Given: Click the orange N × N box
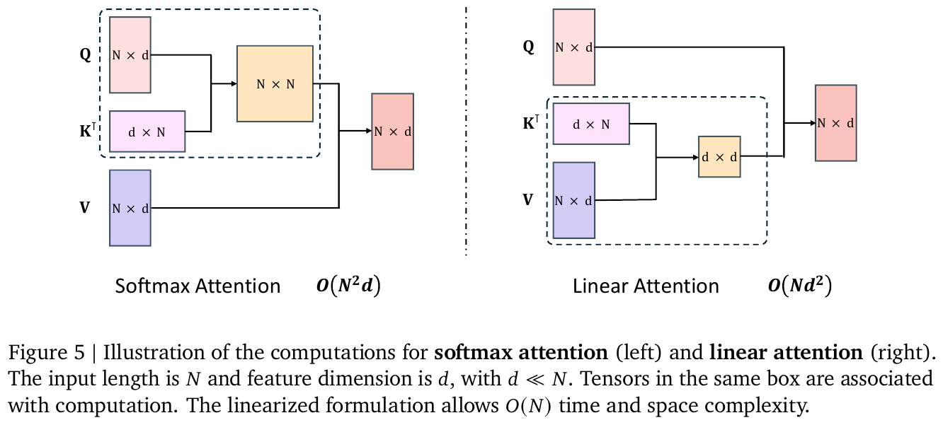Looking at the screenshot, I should (275, 83).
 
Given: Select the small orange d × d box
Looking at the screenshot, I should (719, 156).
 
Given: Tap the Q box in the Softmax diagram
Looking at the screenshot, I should (130, 54).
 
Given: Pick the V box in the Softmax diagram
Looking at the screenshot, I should (130, 208).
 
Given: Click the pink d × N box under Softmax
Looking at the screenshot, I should (147, 132).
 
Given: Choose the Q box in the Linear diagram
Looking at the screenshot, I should (574, 47).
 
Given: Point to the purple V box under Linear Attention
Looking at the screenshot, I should (573, 200).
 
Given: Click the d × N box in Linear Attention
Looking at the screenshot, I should (591, 124).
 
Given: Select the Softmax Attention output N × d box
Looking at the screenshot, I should (392, 132).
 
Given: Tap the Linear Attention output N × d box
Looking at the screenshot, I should (835, 123).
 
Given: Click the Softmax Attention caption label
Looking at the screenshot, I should (198, 286).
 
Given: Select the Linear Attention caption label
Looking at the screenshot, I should (646, 286).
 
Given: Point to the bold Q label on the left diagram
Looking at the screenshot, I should (85, 54).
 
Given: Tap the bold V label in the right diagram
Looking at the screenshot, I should (527, 200).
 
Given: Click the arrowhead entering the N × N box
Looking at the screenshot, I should (233, 83).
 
